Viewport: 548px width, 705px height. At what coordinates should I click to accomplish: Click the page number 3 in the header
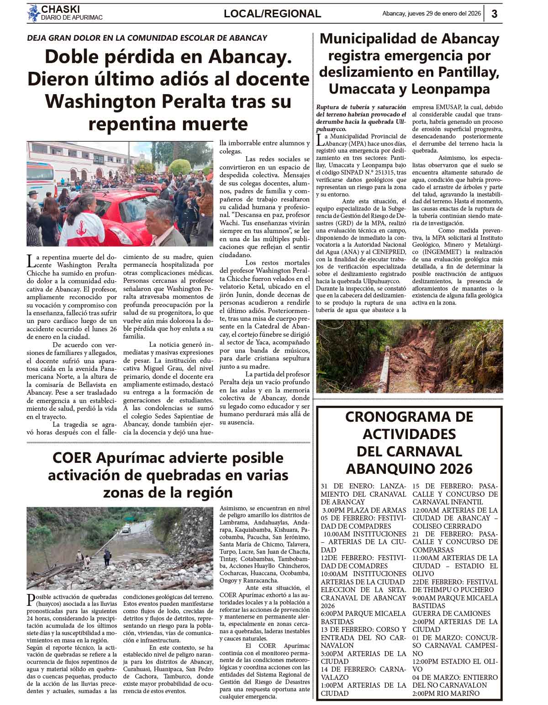(495, 14)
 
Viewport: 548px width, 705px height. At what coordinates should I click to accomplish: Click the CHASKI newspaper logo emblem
(33, 13)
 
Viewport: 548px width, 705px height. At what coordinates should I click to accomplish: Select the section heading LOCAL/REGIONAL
(272, 14)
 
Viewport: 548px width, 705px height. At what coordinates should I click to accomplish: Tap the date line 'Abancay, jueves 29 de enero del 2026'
(432, 14)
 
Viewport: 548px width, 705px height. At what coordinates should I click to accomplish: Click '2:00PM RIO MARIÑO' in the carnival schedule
(446, 693)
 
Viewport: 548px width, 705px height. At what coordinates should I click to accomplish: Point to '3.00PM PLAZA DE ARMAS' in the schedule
(364, 510)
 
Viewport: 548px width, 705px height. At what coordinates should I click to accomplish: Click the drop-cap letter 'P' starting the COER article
(31, 599)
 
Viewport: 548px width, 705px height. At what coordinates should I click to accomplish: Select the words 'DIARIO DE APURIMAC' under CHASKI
(72, 17)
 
